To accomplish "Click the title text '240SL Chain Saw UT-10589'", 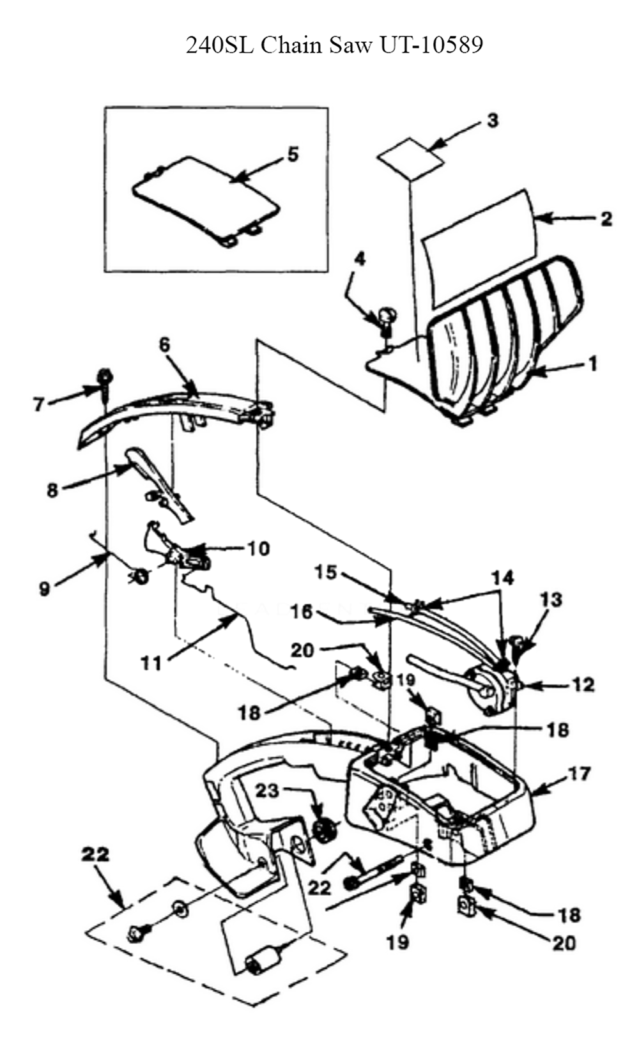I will [x=334, y=45].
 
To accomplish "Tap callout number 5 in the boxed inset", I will [x=293, y=154].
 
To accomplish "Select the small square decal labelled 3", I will [x=410, y=157].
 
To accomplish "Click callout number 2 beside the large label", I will [x=606, y=219].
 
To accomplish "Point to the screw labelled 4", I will [x=387, y=318].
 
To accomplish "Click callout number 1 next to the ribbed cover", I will [x=592, y=364].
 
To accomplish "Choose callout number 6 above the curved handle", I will [x=164, y=345].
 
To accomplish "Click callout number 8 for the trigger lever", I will [x=52, y=490].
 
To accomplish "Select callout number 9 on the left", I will [x=44, y=588].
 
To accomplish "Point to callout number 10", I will [x=258, y=548].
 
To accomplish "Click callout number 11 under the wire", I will [x=151, y=663].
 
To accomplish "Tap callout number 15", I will [x=326, y=572].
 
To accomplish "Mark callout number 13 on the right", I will [x=551, y=599].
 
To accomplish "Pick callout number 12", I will [x=582, y=685].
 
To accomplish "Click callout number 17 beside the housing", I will [x=580, y=774].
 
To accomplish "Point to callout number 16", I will [x=301, y=612].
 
